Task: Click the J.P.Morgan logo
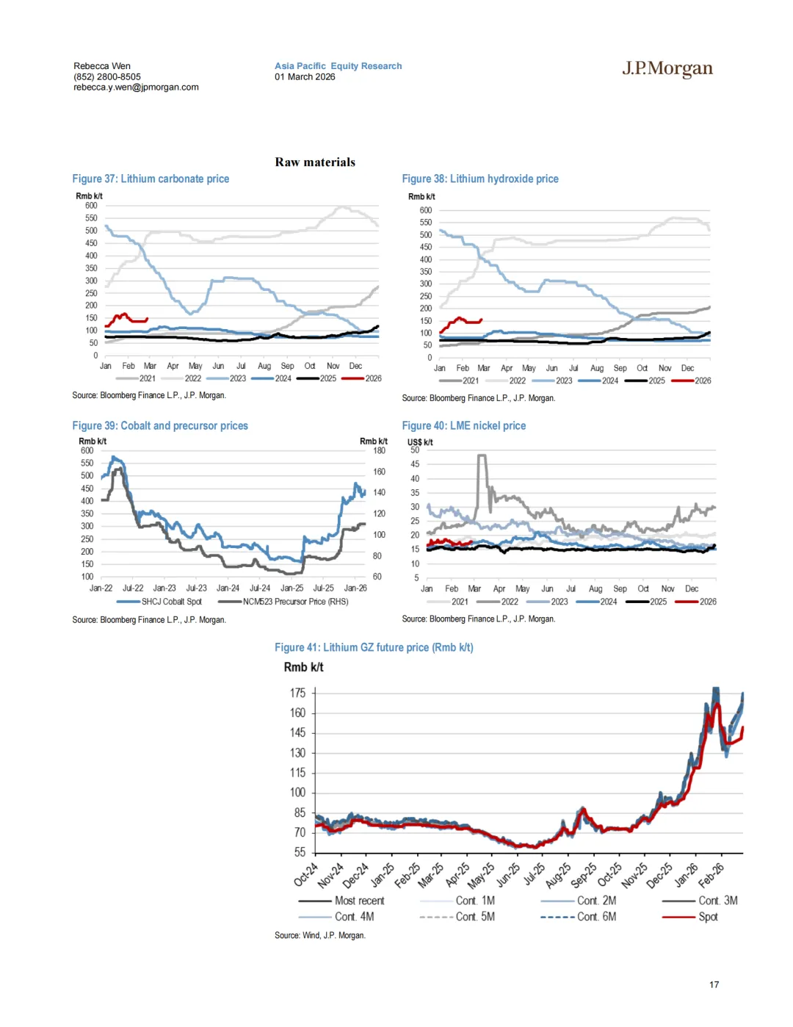(667, 69)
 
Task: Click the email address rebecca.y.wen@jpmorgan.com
(136, 87)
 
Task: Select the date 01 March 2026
(305, 76)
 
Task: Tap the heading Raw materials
(315, 162)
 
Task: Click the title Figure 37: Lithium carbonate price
(151, 179)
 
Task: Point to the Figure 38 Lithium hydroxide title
(480, 179)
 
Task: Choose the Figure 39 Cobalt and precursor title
(160, 425)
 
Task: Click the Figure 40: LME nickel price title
(464, 425)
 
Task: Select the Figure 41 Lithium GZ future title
(374, 647)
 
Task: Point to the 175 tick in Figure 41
(297, 693)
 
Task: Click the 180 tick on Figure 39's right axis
(379, 450)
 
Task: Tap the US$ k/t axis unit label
(420, 442)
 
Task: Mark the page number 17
(714, 984)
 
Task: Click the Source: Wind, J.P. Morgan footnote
(320, 935)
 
